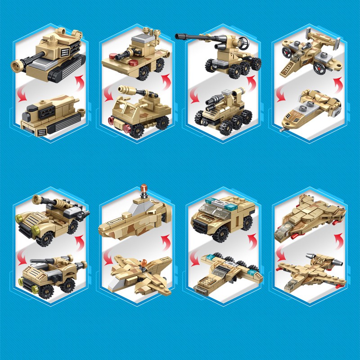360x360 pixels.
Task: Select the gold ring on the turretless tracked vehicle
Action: click(x=81, y=110)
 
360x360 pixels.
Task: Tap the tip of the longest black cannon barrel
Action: click(x=179, y=36)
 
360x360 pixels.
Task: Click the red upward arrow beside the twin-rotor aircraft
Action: click(x=337, y=83)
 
